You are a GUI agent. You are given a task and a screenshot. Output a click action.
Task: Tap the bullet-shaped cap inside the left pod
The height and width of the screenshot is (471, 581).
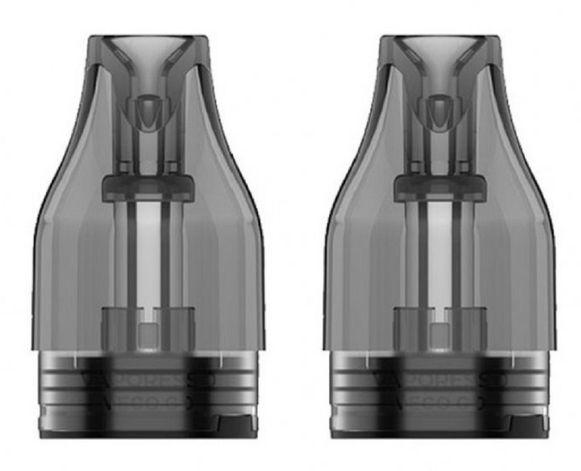(x=148, y=111)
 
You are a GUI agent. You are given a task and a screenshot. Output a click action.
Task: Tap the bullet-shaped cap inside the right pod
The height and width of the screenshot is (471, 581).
(x=440, y=111)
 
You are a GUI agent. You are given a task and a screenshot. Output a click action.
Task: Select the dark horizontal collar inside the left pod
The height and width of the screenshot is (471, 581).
(x=148, y=188)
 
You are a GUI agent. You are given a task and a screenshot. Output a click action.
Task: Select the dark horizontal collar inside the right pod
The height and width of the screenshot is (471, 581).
(x=440, y=188)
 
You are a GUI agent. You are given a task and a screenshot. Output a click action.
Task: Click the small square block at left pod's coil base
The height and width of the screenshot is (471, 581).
(x=148, y=335)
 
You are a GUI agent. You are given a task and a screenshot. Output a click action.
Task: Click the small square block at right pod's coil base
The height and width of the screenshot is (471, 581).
(x=440, y=335)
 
